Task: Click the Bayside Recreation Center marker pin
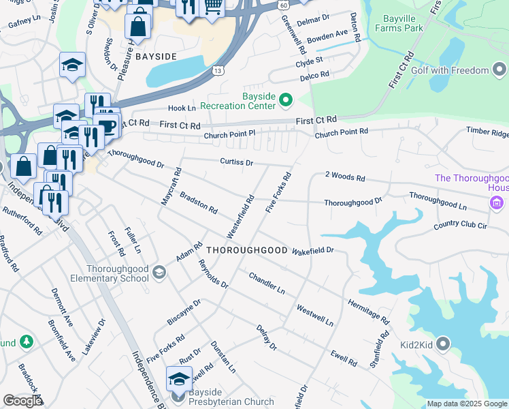pos(285,102)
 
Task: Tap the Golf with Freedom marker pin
pos(500,70)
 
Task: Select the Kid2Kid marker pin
pos(444,343)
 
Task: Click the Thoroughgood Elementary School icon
pos(159,273)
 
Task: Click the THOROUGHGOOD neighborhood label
pos(247,250)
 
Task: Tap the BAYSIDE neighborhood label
pos(156,55)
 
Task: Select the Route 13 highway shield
pos(218,70)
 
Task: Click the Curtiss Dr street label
pos(236,163)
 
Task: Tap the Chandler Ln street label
pos(267,283)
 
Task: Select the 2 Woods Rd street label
pos(345,177)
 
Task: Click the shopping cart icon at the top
pos(213,6)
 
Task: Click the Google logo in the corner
pos(22,401)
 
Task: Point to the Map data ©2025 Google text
pos(466,404)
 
